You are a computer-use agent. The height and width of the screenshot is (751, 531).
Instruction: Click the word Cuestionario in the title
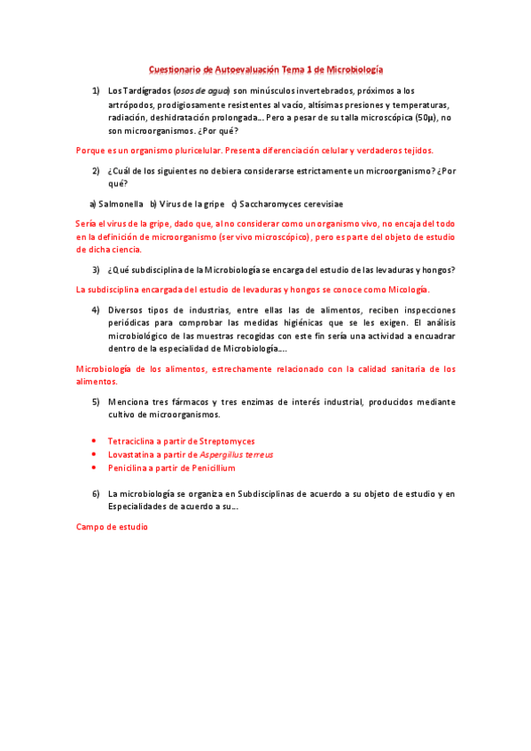click(x=174, y=69)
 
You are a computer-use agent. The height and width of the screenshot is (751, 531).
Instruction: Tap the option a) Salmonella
click(x=117, y=204)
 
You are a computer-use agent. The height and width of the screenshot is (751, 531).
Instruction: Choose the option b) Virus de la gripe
click(x=187, y=204)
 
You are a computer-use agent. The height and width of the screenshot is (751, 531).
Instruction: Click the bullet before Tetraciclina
click(x=95, y=440)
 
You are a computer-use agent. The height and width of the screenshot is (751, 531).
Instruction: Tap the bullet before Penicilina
click(x=95, y=468)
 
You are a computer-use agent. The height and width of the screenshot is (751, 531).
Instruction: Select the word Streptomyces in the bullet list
click(x=227, y=440)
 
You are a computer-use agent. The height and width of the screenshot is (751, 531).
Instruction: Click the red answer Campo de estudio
click(x=112, y=527)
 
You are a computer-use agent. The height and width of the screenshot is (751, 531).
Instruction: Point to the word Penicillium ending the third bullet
click(x=211, y=468)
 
